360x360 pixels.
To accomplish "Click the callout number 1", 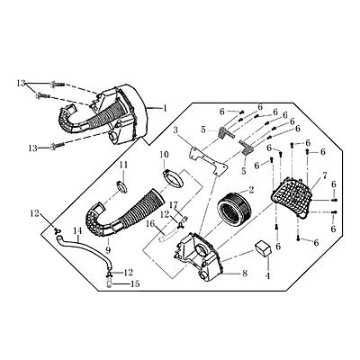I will click(166, 106).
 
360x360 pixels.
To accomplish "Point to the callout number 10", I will click(166, 155).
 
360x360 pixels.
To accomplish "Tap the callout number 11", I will click(125, 166).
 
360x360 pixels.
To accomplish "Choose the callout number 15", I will click(136, 284).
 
